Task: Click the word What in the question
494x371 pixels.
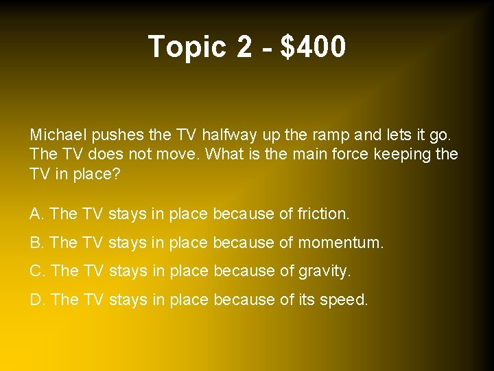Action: [x=224, y=154]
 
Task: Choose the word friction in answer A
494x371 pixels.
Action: [x=322, y=214]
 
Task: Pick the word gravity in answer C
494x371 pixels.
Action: [x=324, y=271]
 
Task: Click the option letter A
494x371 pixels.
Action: [x=36, y=214]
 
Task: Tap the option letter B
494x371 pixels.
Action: [x=36, y=243]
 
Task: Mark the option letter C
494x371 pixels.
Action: [x=36, y=271]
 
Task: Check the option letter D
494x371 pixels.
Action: [x=36, y=300]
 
